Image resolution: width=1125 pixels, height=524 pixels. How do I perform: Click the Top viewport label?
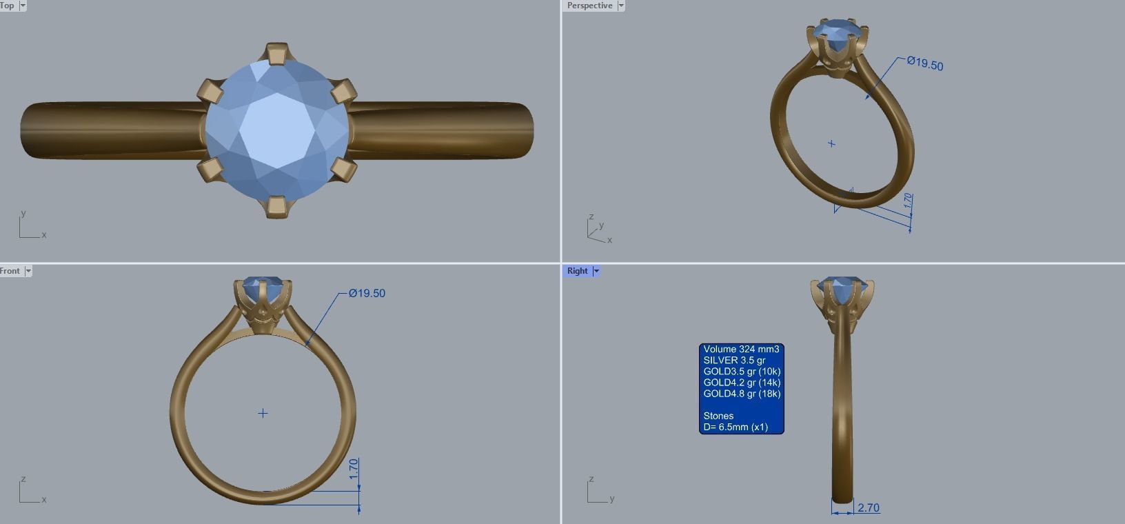point(8,6)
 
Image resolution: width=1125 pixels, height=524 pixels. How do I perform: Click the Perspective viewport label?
point(589,6)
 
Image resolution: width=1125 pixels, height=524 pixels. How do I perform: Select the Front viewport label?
point(10,271)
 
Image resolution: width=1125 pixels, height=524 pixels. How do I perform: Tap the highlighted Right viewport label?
point(577,271)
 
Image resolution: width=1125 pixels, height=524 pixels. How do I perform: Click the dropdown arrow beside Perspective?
point(621,6)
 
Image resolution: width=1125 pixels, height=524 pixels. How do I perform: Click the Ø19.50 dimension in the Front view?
point(367,294)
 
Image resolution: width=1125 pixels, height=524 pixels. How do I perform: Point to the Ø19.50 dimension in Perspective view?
point(925,64)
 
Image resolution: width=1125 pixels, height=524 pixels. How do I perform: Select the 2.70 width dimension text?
point(869,508)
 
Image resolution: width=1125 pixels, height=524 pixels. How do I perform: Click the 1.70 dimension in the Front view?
point(354,469)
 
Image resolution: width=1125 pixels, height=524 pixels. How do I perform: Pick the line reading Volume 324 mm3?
point(741,350)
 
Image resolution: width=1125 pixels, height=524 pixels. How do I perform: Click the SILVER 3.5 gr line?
point(734,361)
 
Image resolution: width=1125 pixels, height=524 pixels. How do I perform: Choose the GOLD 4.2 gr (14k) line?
point(742,383)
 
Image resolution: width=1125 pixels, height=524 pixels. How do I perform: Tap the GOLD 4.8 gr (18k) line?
point(742,394)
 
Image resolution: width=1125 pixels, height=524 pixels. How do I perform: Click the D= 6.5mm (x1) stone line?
point(736,427)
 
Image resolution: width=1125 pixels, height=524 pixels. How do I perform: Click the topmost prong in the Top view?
point(277,54)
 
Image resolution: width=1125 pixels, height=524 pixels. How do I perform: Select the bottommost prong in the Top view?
point(277,206)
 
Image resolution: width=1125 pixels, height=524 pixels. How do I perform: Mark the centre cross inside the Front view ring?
point(263,414)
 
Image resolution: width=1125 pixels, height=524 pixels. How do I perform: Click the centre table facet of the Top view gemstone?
point(276,130)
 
